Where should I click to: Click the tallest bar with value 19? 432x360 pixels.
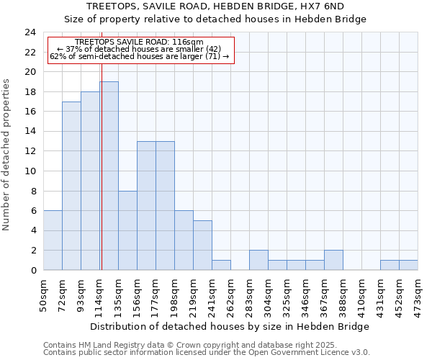[109, 176]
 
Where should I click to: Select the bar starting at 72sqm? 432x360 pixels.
[71, 186]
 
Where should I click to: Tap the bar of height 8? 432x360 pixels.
[127, 230]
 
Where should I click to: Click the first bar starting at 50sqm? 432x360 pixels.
[53, 240]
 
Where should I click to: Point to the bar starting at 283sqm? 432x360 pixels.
[258, 260]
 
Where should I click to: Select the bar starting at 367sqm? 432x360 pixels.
[333, 260]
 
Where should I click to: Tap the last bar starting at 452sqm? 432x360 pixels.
[408, 265]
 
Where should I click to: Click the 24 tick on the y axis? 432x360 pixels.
[30, 32]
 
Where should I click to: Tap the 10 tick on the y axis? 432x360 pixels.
[30, 171]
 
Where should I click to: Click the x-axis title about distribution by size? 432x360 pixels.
[230, 327]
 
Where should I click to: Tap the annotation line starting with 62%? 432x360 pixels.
[139, 55]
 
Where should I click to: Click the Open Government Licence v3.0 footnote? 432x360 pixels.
[207, 353]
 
